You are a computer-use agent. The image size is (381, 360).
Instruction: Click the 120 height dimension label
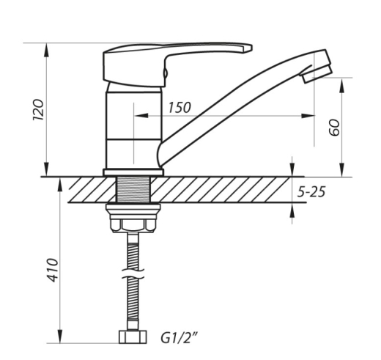pyautogui.click(x=38, y=109)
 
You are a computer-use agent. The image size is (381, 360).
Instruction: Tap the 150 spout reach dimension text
pyautogui.click(x=180, y=108)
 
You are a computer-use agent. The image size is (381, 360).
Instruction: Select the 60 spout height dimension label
pyautogui.click(x=334, y=127)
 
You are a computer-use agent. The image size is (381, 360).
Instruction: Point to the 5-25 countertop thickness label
pyautogui.click(x=311, y=191)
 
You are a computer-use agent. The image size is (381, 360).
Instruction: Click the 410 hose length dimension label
pyautogui.click(x=53, y=270)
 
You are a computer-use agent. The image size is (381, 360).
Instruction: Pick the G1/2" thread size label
pyautogui.click(x=179, y=338)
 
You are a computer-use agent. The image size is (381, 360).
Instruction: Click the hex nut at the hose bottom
pyautogui.click(x=133, y=337)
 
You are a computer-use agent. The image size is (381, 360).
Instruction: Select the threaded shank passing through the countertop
pyautogui.click(x=133, y=189)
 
